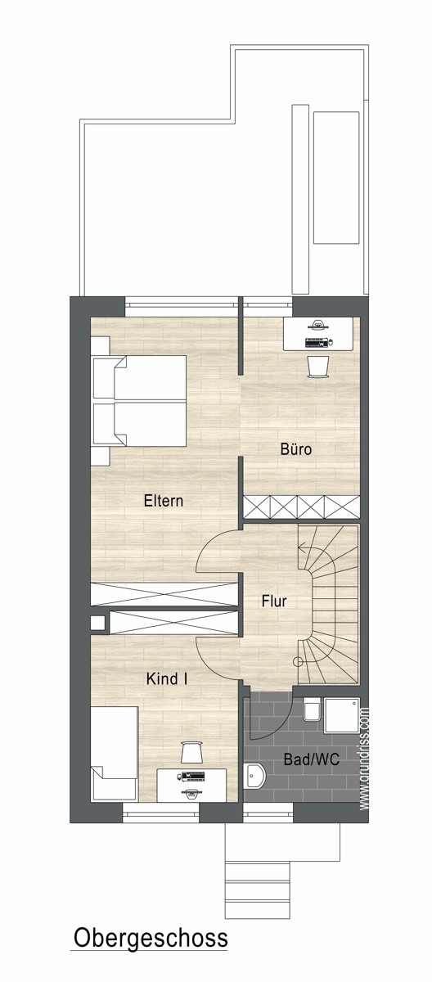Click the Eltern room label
click(x=163, y=501)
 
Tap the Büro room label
click(x=296, y=449)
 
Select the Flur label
click(x=274, y=601)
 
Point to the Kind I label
click(x=167, y=679)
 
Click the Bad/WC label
click(x=312, y=759)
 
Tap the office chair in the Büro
click(x=318, y=367)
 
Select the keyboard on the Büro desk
click(x=317, y=342)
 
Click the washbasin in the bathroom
click(x=254, y=775)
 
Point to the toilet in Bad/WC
click(x=313, y=709)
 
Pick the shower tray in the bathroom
click(x=342, y=715)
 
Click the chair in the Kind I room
click(x=191, y=752)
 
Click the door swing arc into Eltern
click(x=208, y=542)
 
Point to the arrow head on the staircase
click(x=301, y=547)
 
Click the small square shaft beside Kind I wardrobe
click(x=97, y=623)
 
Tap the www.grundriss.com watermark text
click(x=365, y=759)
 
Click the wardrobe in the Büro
click(x=301, y=507)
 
